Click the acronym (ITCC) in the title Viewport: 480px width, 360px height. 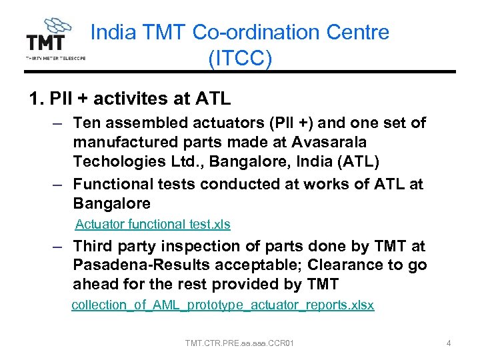(240, 59)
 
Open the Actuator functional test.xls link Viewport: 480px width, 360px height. (153, 225)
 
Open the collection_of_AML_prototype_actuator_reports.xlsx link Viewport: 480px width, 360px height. (223, 305)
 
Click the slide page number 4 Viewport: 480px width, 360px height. (449, 343)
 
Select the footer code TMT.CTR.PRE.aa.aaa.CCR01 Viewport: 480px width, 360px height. (240, 343)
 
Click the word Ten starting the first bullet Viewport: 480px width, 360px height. (87, 123)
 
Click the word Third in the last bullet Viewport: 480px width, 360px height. (95, 246)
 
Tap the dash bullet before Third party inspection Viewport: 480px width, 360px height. (59, 247)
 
